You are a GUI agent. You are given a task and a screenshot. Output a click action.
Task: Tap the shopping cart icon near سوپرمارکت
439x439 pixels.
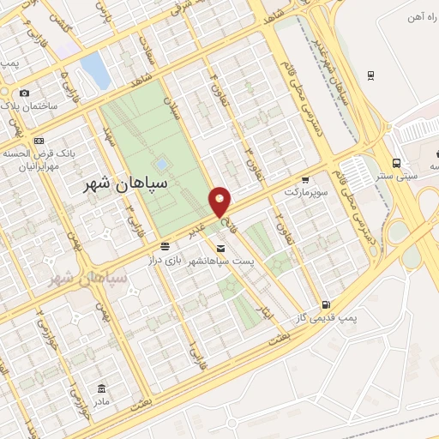(305, 181)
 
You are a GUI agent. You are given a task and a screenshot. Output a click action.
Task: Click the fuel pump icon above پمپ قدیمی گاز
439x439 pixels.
(325, 304)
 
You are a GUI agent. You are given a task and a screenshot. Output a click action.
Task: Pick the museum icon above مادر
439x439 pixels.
(102, 389)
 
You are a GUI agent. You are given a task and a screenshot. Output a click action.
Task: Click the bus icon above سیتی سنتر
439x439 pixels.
(396, 162)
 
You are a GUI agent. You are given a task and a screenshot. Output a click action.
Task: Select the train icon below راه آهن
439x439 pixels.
(370, 75)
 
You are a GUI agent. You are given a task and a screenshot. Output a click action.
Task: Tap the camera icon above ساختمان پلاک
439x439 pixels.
(24, 93)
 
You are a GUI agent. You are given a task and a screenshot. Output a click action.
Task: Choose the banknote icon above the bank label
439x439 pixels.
(39, 141)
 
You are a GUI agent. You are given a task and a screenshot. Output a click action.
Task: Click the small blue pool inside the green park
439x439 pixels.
(160, 163)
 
